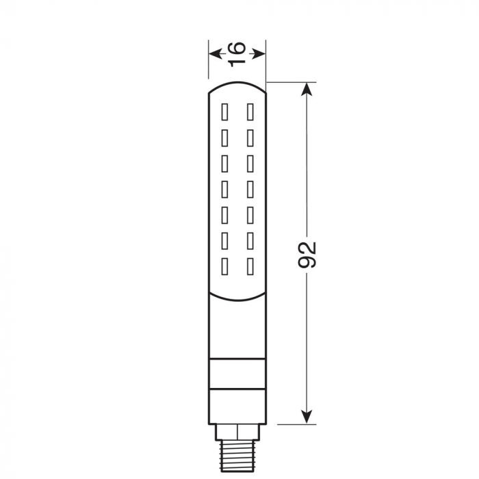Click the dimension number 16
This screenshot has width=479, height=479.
point(237,53)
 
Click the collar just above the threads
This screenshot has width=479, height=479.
point(237,431)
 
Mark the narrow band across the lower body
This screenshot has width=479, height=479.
point(237,374)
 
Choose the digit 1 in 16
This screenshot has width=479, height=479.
point(237,60)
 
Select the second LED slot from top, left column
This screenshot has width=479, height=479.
point(224,136)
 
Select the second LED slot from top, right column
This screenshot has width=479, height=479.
point(250,136)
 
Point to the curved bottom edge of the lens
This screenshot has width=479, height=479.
point(237,299)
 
